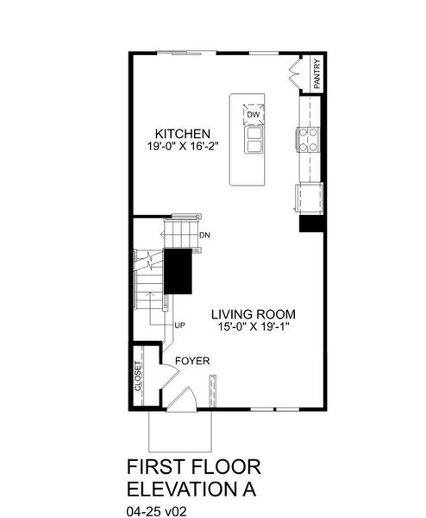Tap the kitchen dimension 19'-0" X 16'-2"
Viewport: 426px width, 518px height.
pos(183,146)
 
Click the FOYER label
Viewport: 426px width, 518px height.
pos(191,361)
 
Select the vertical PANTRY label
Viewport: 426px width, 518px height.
pos(317,73)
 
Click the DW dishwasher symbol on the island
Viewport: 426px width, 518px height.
pos(254,114)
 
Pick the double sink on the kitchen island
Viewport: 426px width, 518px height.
pos(254,140)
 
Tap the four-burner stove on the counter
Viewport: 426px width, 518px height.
pos(308,138)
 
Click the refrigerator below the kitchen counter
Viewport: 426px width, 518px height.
pos(309,199)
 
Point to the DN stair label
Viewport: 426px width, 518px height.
pos(204,235)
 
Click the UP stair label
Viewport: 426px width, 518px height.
pos(180,325)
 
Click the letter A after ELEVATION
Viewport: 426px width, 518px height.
pos(251,490)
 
